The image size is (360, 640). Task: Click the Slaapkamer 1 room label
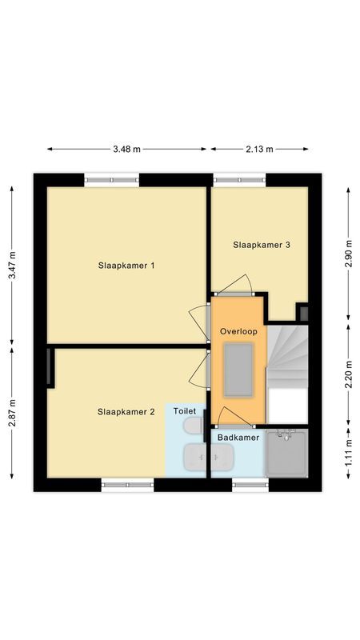pyautogui.click(x=126, y=265)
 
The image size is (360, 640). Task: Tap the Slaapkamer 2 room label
pyautogui.click(x=126, y=412)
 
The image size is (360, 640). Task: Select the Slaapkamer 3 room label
pyautogui.click(x=262, y=245)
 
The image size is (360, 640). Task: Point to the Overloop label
pyautogui.click(x=238, y=330)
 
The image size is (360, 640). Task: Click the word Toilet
pyautogui.click(x=185, y=411)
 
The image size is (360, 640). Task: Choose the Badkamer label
pyautogui.click(x=238, y=438)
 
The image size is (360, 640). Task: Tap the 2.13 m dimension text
pyautogui.click(x=258, y=149)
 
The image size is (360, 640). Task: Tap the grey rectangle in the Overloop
pyautogui.click(x=238, y=369)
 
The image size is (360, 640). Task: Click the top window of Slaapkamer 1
pyautogui.click(x=112, y=180)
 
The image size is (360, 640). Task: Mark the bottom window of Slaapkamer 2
pyautogui.click(x=127, y=484)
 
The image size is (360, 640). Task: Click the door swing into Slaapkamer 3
pyautogui.click(x=236, y=285)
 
